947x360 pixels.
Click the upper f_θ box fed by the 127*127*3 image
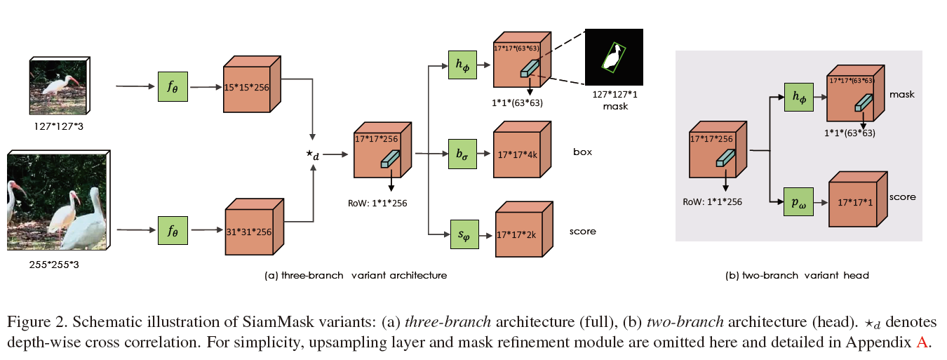173,86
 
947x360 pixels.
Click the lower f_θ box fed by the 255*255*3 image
173,229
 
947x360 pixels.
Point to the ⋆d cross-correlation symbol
313,155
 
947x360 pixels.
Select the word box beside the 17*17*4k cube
583,151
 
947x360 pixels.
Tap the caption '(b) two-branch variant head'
797,276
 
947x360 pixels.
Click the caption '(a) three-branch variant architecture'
356,275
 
